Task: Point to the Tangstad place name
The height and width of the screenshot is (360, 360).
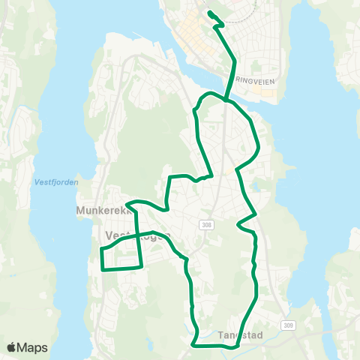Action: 240,334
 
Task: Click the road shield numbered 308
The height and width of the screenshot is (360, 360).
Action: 207,224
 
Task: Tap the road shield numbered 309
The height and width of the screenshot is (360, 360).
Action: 289,325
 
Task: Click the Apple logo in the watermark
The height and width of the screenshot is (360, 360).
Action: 12,347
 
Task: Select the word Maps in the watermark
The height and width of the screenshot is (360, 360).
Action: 33,347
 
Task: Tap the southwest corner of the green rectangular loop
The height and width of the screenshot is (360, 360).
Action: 101,268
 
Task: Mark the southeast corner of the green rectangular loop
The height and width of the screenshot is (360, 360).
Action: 142,265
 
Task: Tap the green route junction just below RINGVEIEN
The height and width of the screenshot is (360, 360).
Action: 225,97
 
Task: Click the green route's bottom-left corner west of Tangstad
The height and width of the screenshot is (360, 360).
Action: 193,345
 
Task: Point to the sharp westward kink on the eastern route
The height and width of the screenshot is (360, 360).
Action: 238,223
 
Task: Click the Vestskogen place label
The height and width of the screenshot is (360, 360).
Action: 135,234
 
